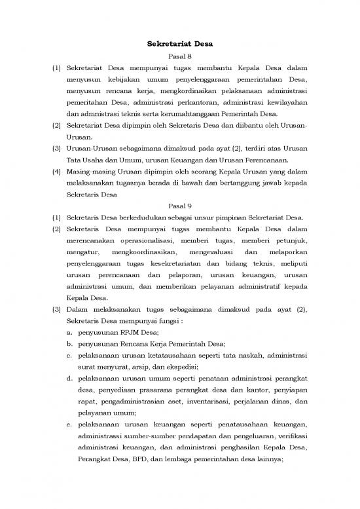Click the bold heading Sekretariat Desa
pyautogui.click(x=179, y=45)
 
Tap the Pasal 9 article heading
pyautogui.click(x=179, y=206)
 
